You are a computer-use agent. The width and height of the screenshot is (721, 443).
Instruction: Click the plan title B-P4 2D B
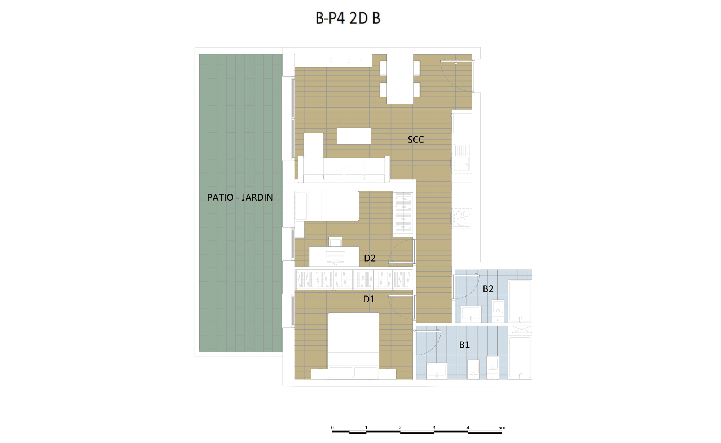click(348, 18)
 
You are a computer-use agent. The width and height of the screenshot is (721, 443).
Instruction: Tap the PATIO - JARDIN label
click(240, 197)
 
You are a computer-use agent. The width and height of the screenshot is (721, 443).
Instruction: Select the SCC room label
click(416, 140)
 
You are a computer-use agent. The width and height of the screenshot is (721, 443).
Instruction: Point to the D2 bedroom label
click(370, 258)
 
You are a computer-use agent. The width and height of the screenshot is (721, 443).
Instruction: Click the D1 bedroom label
click(369, 299)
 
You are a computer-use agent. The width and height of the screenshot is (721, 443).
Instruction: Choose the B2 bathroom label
click(488, 289)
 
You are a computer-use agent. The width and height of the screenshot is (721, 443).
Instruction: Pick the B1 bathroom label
click(464, 345)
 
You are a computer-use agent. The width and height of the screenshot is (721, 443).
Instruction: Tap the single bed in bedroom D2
click(327, 206)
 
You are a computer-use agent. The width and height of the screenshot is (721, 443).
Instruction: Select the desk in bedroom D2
click(334, 256)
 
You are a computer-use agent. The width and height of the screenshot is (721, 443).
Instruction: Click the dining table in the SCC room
click(400, 79)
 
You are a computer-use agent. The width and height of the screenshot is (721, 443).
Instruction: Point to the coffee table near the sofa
click(354, 136)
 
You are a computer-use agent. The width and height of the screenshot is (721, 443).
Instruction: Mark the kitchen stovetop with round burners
click(462, 218)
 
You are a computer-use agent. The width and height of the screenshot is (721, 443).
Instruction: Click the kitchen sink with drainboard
click(462, 157)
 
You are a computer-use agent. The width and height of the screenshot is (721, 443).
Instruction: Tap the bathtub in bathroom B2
click(520, 301)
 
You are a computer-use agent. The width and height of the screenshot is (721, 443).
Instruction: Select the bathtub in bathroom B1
click(520, 358)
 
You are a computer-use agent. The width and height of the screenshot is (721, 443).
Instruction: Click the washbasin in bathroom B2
click(471, 314)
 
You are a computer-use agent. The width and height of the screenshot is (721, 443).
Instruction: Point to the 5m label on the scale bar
click(502, 427)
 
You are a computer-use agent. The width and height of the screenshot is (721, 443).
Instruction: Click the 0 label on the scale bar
click(332, 427)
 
